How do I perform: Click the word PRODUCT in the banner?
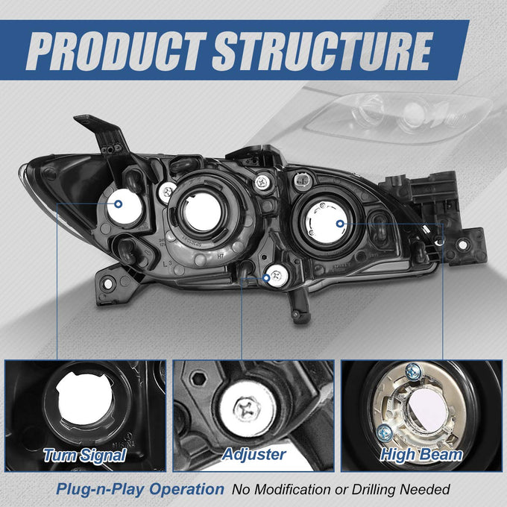click(x=116, y=51)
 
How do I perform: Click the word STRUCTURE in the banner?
click(x=323, y=51)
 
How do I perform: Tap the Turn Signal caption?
click(x=85, y=456)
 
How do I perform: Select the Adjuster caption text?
click(x=253, y=455)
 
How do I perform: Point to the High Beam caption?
click(x=421, y=455)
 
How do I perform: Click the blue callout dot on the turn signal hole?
click(x=119, y=204)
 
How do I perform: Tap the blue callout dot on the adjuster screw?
click(x=266, y=278)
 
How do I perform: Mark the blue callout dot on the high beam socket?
click(x=340, y=224)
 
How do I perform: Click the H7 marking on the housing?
click(x=220, y=256)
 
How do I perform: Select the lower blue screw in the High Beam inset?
click(x=385, y=432)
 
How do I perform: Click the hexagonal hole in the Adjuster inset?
click(x=198, y=379)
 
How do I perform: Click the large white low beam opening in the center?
click(x=202, y=212)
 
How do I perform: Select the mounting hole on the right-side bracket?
click(x=463, y=245)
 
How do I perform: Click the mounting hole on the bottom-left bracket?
click(x=108, y=284)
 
